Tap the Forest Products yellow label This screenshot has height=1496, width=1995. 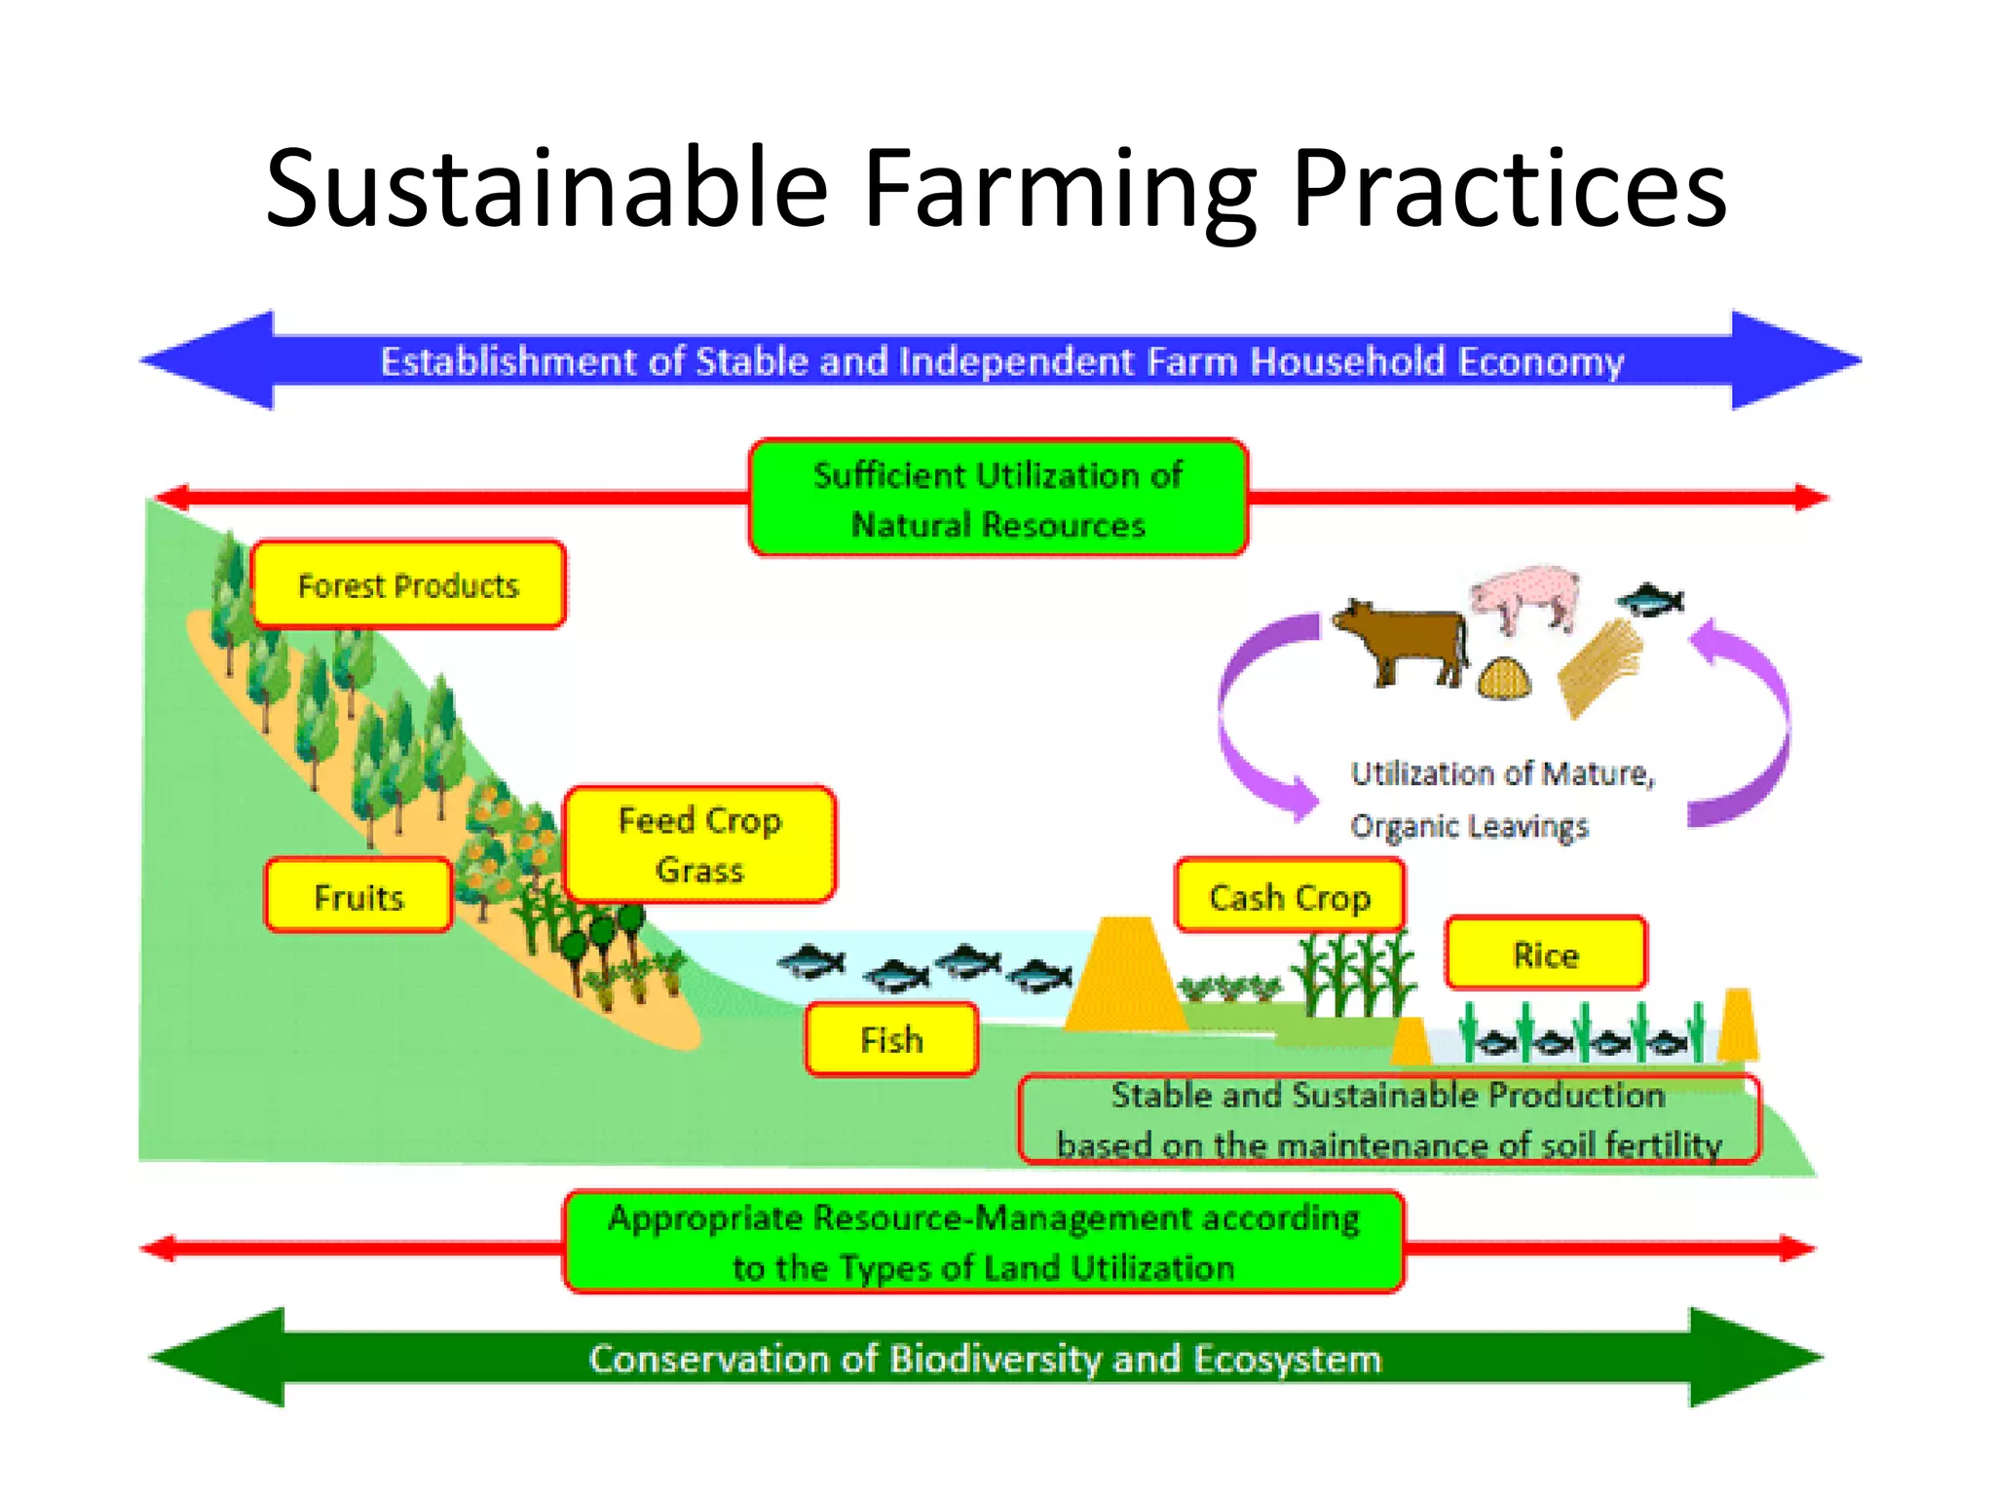coord(408,585)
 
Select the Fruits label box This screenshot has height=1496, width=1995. coord(358,896)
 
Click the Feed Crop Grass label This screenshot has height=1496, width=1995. coord(699,844)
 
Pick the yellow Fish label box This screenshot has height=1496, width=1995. coord(891,1040)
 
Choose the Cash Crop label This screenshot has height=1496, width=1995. coord(1290,896)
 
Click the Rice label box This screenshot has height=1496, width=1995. coord(1546,954)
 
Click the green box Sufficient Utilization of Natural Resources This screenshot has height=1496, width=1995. coord(997,499)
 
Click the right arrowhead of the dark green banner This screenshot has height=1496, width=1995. coord(1753,1357)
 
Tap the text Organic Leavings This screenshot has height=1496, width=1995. coord(1469,826)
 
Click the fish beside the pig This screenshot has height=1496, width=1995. coord(1651,598)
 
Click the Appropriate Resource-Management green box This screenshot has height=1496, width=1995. coord(984,1243)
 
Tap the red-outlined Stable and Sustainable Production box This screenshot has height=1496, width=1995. coord(1388,1119)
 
